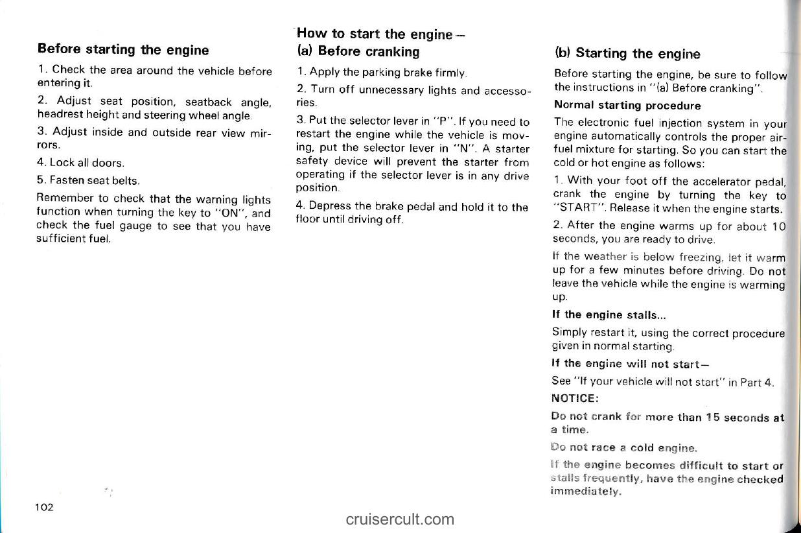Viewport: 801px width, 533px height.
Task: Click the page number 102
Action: point(45,507)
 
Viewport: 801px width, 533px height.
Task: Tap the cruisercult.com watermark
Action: point(400,519)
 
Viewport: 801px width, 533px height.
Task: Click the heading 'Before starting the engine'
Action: point(123,50)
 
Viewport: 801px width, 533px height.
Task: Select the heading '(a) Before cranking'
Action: point(358,51)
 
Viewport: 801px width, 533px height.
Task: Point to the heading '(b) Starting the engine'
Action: point(627,53)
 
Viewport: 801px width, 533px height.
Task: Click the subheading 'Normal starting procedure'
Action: point(618,105)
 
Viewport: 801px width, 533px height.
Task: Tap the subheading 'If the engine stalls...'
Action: point(607,315)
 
